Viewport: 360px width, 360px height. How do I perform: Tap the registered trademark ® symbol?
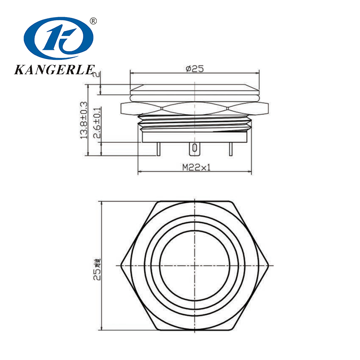[x=94, y=21]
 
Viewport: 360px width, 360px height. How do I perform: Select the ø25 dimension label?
[x=194, y=68]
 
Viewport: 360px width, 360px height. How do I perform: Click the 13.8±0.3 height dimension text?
[x=84, y=120]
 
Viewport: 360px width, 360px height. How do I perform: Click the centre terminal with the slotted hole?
[x=194, y=148]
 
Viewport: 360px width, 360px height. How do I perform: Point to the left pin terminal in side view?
[x=159, y=148]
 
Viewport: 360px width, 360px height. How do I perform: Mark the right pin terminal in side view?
[x=230, y=148]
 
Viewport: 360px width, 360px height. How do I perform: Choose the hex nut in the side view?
[x=194, y=108]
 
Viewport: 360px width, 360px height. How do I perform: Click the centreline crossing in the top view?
[x=194, y=265]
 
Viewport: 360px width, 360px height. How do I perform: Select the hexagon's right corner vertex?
[x=269, y=265]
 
